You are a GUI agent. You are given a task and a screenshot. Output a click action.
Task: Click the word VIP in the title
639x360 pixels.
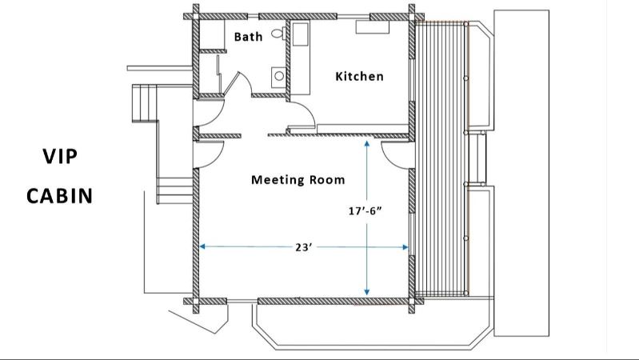[x=60, y=157]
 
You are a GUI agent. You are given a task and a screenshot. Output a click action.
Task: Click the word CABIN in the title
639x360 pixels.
[x=60, y=195]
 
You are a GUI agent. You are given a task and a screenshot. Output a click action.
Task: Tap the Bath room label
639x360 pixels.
[x=248, y=37]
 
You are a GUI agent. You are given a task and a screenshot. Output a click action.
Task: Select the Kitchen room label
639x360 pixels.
[x=359, y=77]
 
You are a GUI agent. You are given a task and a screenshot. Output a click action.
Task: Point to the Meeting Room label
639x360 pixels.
[x=298, y=179]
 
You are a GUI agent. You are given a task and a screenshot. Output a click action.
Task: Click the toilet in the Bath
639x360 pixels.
[x=278, y=34]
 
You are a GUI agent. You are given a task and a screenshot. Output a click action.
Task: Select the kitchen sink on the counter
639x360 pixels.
[x=302, y=34]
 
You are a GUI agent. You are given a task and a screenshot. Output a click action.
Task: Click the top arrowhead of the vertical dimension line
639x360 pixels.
[x=366, y=143]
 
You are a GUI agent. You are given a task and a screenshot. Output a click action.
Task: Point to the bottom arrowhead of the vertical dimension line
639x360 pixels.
[x=366, y=292]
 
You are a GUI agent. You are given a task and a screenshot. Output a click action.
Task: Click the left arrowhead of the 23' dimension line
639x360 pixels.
[x=202, y=247]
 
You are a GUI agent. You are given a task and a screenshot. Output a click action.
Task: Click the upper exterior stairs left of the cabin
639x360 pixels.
[x=146, y=102]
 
